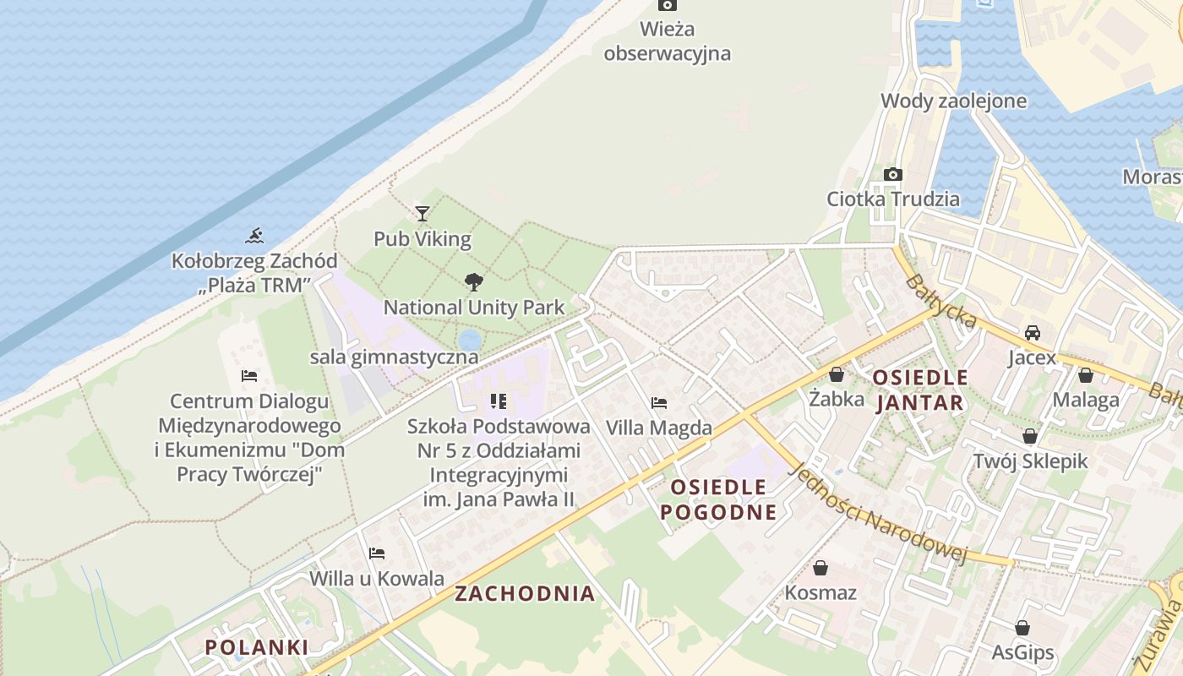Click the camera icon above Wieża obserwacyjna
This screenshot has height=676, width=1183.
(668, 5)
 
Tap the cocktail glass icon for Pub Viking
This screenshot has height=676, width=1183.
(422, 214)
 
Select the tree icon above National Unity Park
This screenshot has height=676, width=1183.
(474, 282)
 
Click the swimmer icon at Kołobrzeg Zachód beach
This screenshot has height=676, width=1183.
(254, 236)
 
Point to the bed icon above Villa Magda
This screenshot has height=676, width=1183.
(659, 403)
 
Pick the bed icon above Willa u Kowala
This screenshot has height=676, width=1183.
(377, 553)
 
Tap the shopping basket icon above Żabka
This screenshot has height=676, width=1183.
(837, 374)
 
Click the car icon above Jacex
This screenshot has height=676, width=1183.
(1032, 333)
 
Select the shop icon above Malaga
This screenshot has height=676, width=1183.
(1086, 375)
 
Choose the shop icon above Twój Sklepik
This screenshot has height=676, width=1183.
(1030, 436)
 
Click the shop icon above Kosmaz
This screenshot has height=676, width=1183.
(820, 568)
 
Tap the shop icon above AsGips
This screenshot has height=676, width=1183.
(1022, 628)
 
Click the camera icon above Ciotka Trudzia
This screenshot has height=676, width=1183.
(892, 175)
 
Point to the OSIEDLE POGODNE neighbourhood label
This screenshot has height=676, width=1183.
(718, 499)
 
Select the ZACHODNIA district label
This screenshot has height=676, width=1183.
(525, 593)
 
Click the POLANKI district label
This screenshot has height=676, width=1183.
(257, 647)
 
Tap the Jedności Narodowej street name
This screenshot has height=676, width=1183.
(877, 513)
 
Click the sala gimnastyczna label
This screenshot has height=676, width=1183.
(394, 357)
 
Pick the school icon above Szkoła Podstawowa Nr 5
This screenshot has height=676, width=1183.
(499, 401)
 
